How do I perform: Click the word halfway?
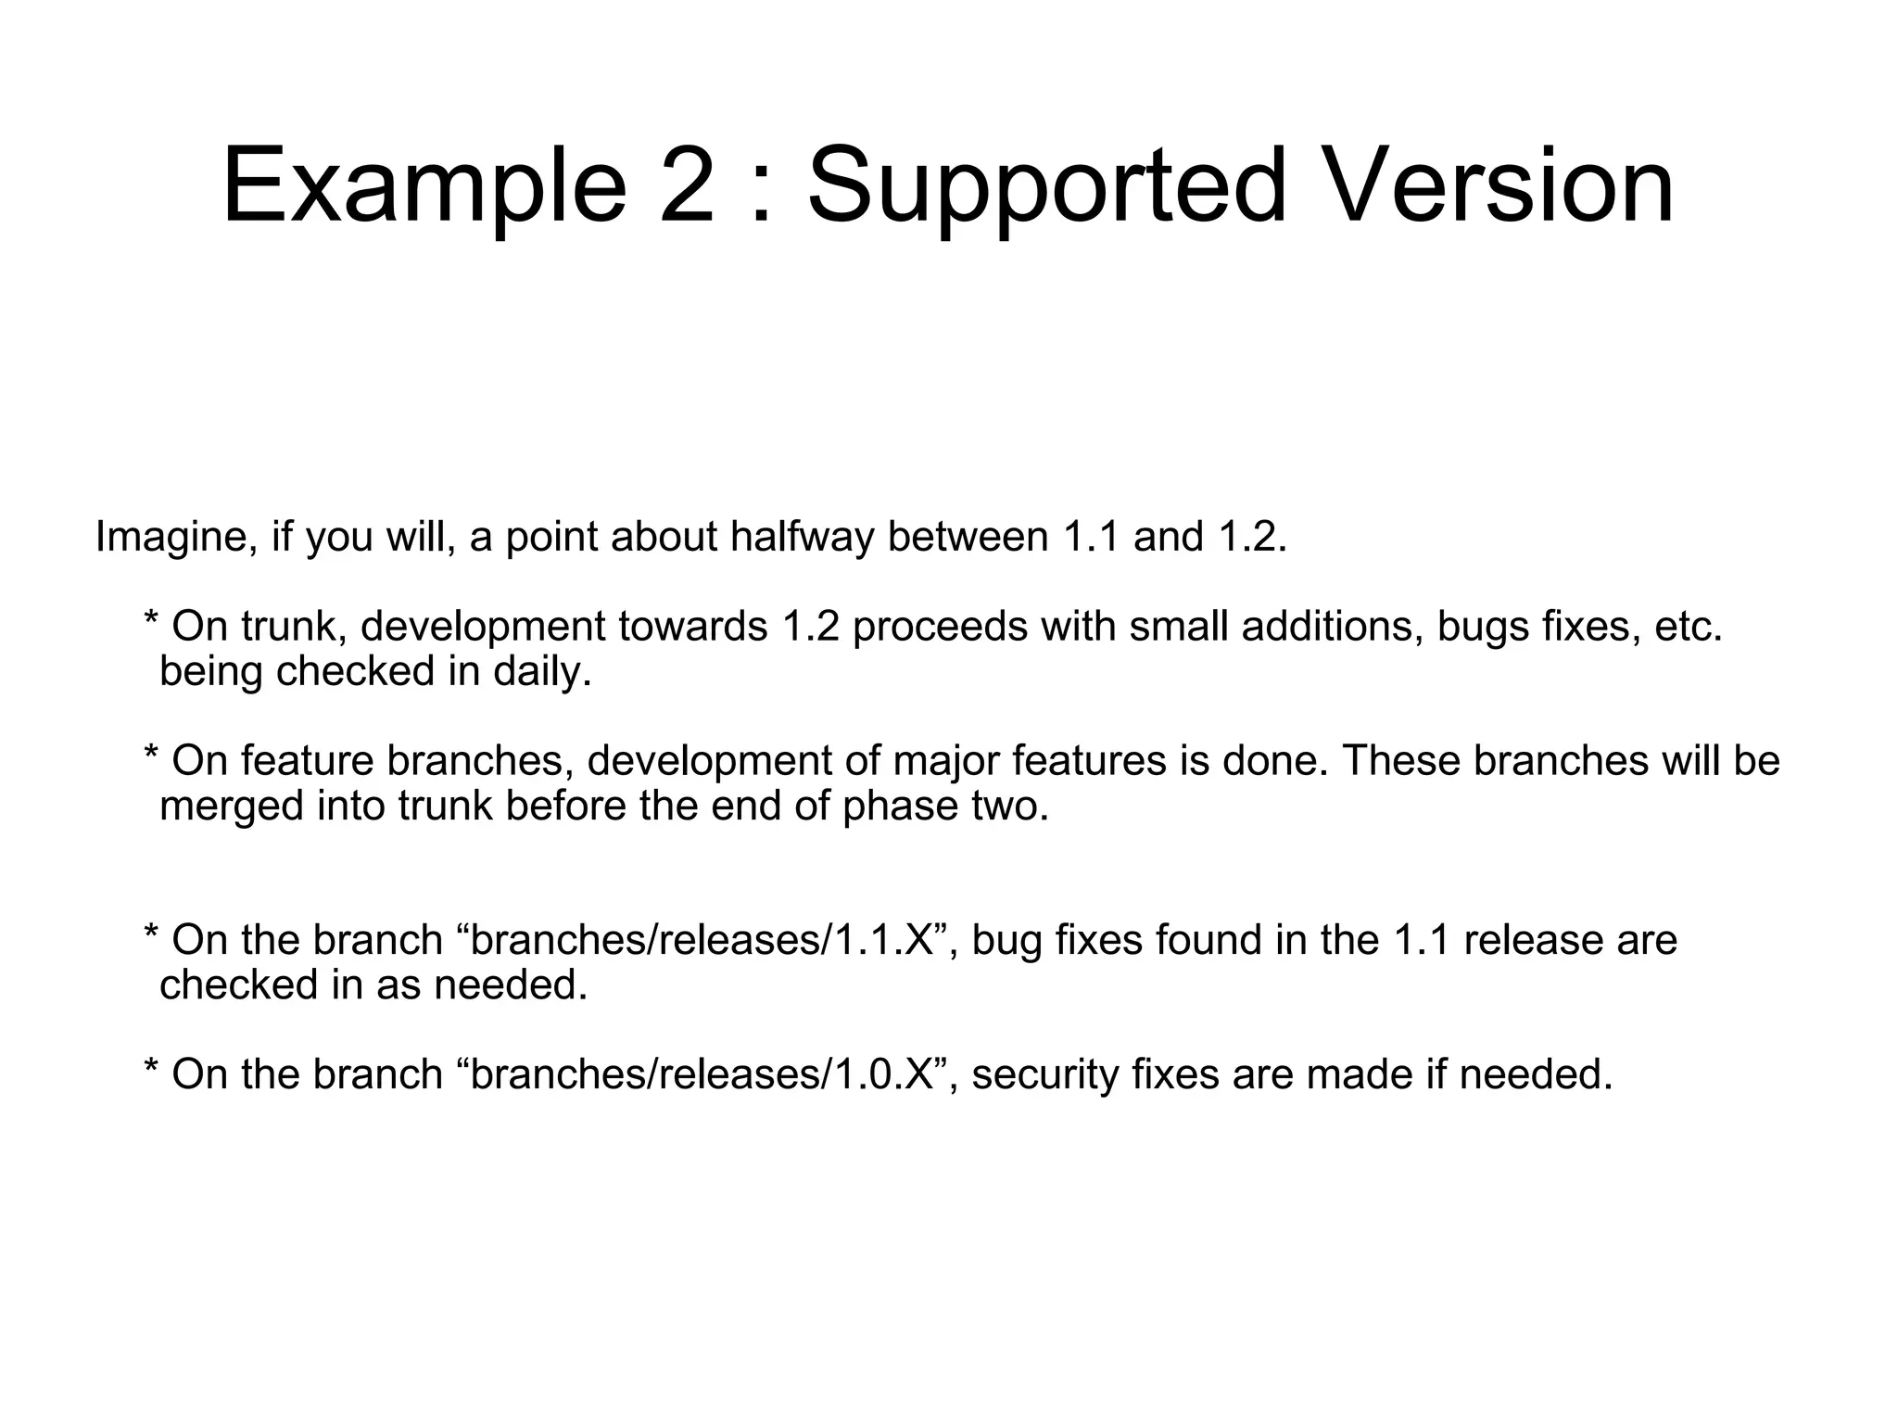(802, 537)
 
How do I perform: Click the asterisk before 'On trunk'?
(151, 621)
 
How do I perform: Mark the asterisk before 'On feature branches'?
(151, 755)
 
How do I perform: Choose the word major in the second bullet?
(946, 761)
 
